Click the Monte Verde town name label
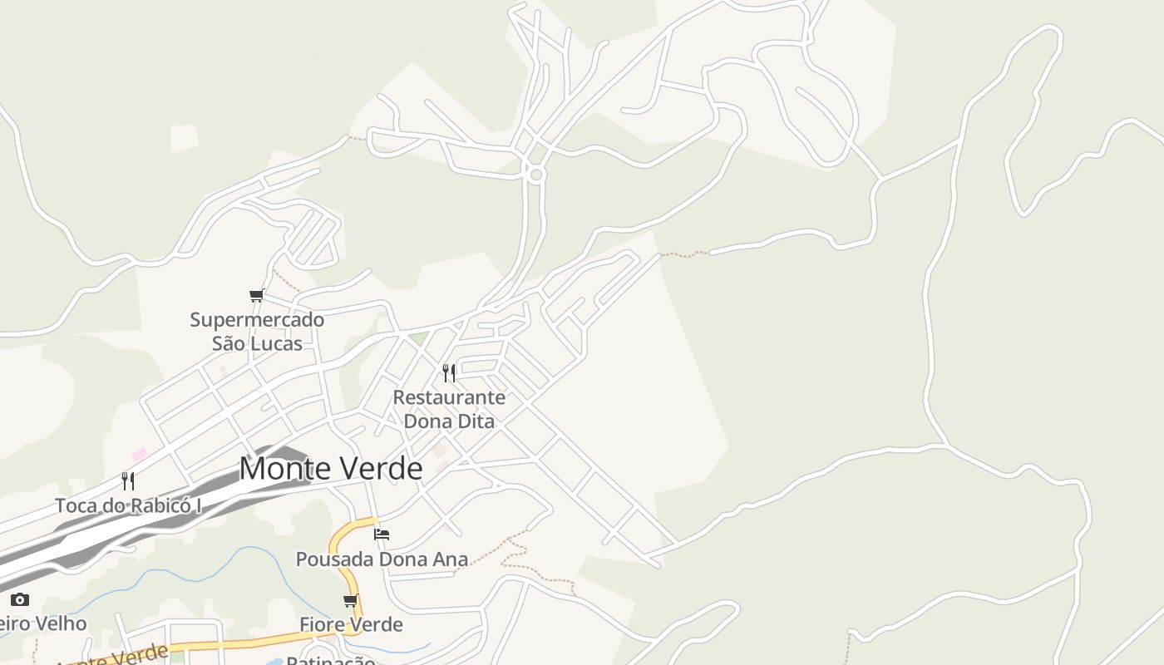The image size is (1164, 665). click(330, 469)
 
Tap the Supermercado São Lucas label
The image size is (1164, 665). click(257, 331)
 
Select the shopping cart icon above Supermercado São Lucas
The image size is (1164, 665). click(257, 296)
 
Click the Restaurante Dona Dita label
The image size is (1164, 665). click(449, 409)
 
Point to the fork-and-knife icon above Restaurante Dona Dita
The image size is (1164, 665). click(449, 372)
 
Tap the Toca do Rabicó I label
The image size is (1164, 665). click(128, 505)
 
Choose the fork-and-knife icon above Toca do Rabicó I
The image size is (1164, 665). click(128, 480)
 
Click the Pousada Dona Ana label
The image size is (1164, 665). click(382, 559)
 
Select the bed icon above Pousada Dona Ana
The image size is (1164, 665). click(382, 534)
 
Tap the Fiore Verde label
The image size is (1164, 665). click(351, 624)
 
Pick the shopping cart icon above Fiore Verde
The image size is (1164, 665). click(351, 600)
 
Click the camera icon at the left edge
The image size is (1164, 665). click(20, 599)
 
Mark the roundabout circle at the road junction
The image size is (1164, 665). click(536, 175)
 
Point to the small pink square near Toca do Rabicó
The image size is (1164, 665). click(139, 454)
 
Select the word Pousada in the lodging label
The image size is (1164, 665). click(331, 559)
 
